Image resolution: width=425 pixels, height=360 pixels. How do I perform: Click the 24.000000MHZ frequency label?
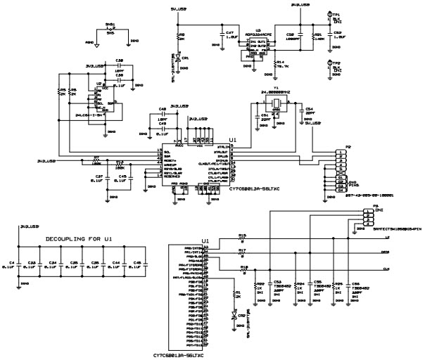277,91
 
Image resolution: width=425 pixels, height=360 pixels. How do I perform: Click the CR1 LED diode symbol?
179,58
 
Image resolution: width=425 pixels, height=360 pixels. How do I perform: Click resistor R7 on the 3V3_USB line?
96,160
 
